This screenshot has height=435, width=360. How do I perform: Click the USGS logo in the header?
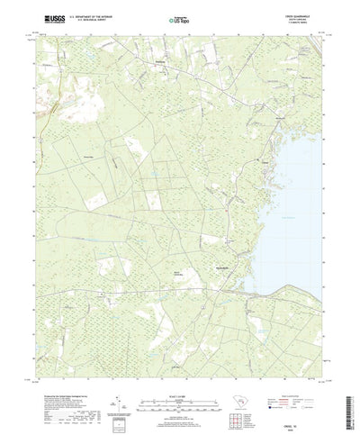point(50,19)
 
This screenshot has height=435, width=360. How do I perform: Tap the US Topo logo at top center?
point(179,19)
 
